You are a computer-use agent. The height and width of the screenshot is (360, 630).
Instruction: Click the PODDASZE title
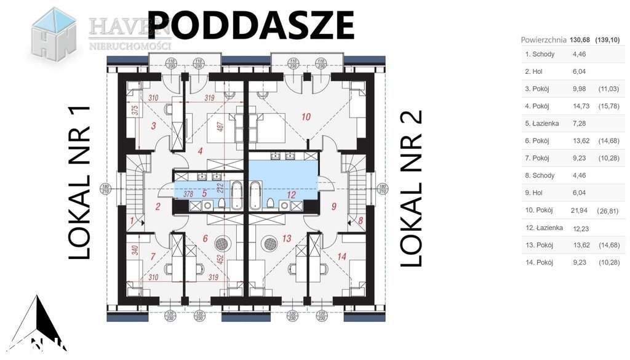coord(251,26)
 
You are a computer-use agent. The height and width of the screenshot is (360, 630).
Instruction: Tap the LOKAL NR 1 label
coord(79,182)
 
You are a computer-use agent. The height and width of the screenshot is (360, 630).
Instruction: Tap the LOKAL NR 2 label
coord(412,188)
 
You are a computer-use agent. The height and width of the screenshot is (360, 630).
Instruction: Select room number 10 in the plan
coord(306,116)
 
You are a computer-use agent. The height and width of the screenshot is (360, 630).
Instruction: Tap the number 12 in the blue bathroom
coord(292,195)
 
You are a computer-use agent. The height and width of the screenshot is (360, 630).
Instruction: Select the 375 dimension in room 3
coord(135,111)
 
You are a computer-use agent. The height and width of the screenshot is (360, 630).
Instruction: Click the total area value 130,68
coord(580,40)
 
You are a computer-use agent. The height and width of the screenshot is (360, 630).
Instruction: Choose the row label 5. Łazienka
coord(541,124)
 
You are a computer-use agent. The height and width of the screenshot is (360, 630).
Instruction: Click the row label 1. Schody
coord(540,54)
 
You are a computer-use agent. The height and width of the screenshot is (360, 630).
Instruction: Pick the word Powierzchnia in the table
coord(543,40)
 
